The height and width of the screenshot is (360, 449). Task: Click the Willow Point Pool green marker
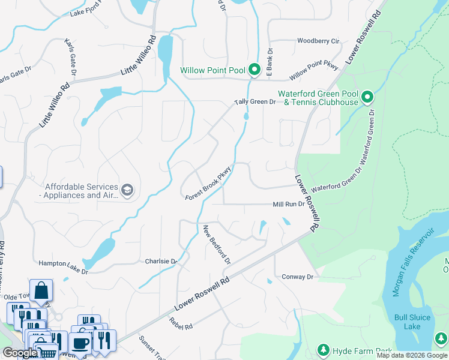pos(254,71)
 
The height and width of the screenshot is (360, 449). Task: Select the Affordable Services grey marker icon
pos(127,191)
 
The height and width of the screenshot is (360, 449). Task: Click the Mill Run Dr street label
pos(289,204)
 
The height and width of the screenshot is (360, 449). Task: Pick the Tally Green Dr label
pos(255,102)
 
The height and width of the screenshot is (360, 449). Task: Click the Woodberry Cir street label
pos(318,41)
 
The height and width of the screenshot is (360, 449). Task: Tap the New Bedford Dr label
pos(217,245)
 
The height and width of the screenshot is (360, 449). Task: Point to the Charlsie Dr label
pos(161,262)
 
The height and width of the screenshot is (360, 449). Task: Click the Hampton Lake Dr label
pos(63,268)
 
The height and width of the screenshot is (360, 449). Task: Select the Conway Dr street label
pos(298,277)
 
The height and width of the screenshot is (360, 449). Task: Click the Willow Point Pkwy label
pos(313,71)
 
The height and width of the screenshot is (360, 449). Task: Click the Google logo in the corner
pos(19,353)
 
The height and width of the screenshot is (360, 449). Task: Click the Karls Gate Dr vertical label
pos(72,58)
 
